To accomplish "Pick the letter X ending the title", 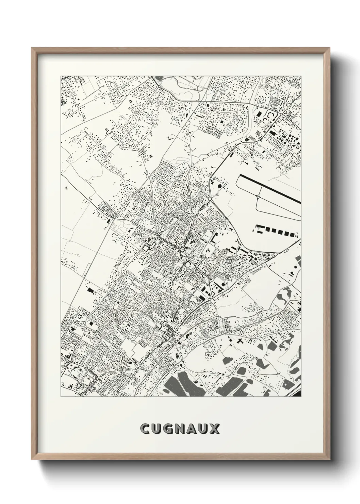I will (x=216, y=429).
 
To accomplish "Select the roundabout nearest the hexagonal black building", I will (x=210, y=199).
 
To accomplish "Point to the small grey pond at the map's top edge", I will (x=158, y=79).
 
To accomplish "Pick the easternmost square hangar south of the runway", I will (x=292, y=234).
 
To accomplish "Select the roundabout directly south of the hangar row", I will (x=274, y=254).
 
